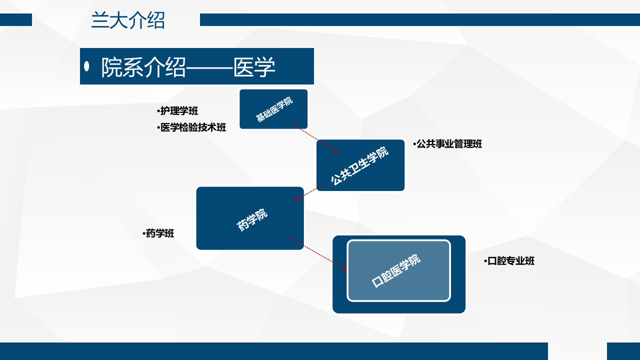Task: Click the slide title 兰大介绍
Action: click(128, 21)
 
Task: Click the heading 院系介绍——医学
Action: click(188, 67)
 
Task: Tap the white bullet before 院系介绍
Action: click(87, 66)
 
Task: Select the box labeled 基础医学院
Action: click(273, 109)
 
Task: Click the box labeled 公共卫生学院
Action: click(360, 165)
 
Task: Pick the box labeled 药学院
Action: click(250, 218)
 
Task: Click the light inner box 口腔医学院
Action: click(398, 270)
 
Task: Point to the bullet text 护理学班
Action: click(179, 111)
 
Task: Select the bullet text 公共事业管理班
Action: click(449, 144)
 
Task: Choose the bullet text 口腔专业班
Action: click(510, 261)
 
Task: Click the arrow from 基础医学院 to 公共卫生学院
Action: click(315, 138)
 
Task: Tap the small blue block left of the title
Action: click(16, 19)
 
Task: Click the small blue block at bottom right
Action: click(623, 351)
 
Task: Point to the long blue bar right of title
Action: click(420, 19)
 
